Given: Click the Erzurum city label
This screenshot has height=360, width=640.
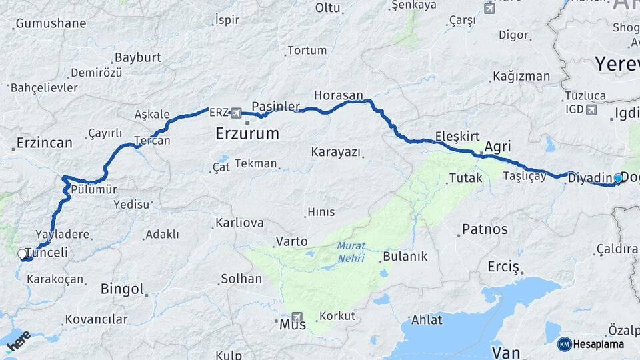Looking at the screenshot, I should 247,133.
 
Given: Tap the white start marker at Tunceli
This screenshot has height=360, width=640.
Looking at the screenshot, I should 22,254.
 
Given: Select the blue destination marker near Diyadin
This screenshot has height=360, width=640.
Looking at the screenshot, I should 618,178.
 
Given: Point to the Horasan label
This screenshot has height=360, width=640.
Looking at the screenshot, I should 338,95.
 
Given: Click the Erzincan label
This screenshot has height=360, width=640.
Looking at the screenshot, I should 44,143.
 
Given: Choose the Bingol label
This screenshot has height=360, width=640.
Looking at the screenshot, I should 122,289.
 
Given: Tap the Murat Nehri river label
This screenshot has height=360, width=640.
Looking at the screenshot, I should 351,251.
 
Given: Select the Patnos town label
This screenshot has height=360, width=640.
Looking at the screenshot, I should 485,229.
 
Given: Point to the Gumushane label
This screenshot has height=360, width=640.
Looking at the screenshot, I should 51,23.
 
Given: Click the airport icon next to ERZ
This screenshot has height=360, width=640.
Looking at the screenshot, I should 235,113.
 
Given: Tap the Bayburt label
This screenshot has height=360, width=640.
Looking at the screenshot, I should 137,57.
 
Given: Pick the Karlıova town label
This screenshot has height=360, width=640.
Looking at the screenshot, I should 239,223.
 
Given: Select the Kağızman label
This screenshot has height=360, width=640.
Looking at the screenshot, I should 521,76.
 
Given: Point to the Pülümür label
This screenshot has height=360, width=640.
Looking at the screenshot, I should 94,189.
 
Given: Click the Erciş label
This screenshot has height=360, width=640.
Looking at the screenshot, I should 503,267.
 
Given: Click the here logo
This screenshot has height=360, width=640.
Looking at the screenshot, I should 18,341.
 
